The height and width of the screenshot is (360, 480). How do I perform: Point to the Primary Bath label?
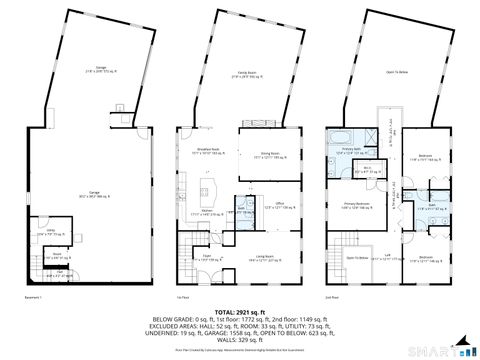coord(349,150)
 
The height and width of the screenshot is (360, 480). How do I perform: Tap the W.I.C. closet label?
coord(367,171)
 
